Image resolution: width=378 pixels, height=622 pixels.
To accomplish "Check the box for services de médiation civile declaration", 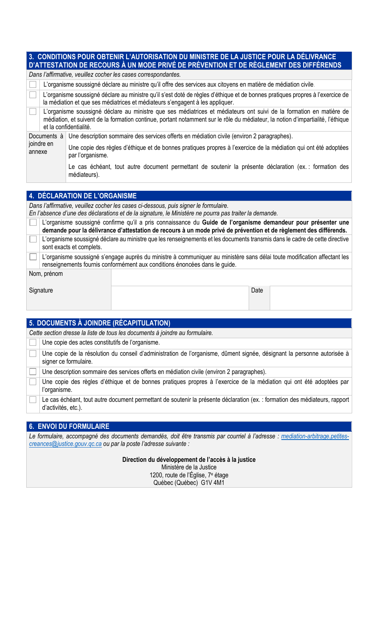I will coord(33,85).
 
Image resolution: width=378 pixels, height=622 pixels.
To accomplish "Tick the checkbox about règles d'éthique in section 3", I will coord(33,95).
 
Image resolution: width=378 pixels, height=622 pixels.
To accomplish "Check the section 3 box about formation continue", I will coord(33,112).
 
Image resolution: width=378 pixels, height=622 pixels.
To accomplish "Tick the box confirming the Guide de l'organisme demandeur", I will coord(33,223).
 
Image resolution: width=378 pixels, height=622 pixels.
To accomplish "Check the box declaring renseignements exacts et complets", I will coord(33,239).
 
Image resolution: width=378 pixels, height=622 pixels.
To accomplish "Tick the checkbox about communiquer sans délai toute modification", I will coord(33,257).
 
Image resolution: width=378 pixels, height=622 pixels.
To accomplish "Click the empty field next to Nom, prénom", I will coord(231,277).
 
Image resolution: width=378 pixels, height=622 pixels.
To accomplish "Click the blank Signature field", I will coord(180,298).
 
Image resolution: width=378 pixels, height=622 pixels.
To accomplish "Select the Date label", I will coord(257,291).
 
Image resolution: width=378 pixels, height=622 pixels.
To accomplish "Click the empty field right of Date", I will coord(310,298).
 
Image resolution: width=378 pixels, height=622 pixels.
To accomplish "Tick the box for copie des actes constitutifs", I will coord(33,343).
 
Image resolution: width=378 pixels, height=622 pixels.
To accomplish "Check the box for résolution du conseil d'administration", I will coord(33,354).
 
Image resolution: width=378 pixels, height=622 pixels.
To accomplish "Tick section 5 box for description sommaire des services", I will coord(33,372).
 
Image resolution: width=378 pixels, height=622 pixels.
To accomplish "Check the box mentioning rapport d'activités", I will coord(33,400).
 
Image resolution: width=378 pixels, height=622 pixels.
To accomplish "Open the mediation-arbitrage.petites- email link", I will coord(315,436).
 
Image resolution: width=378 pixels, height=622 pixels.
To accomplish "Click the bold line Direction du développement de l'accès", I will coord(189,460).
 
